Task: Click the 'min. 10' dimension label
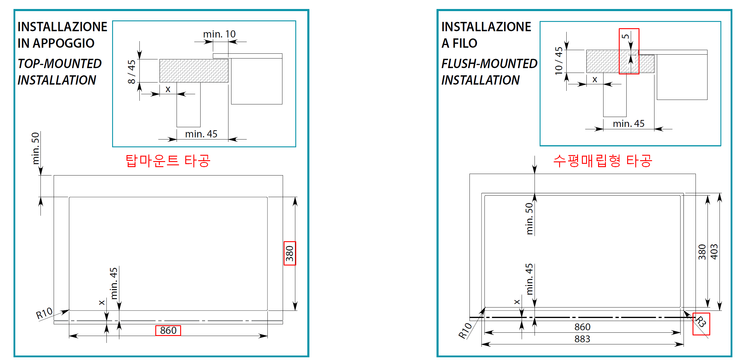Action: point(219,34)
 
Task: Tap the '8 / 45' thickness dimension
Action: point(132,71)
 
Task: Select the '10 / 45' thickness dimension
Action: point(559,61)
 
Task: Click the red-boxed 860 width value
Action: point(168,330)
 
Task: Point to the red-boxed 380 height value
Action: point(290,253)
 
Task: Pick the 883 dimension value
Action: point(582,339)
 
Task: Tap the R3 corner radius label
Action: point(701,322)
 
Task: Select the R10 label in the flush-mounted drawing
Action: point(465,331)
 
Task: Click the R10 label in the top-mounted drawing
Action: point(44,313)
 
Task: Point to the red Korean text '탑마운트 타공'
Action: point(168,161)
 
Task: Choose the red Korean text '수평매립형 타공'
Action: point(603,161)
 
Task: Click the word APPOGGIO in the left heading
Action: point(64,43)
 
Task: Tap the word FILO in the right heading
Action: point(465,43)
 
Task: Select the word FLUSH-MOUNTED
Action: point(489,64)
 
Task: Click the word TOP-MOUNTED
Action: point(60,64)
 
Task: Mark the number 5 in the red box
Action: point(625,36)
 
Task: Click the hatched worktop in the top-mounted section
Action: point(194,71)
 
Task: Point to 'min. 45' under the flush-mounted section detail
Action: point(628,124)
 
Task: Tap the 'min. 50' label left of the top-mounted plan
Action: point(36,148)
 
